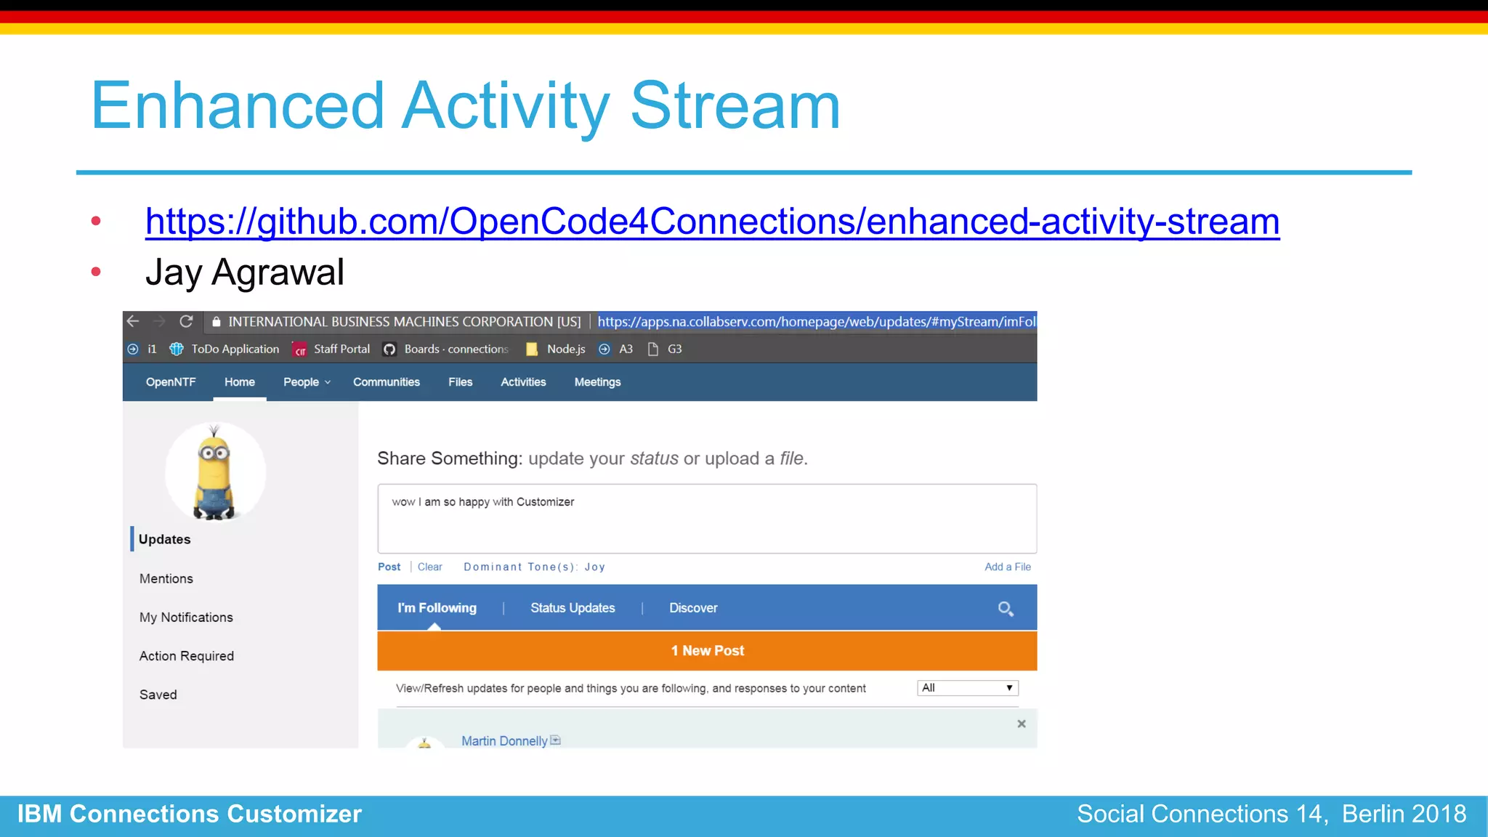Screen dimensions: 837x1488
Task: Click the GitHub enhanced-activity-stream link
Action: [712, 222]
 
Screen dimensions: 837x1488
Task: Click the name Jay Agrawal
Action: [244, 273]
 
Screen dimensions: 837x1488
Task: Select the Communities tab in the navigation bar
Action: [386, 382]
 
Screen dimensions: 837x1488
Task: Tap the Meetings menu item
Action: [597, 382]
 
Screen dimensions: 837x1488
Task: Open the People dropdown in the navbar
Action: [306, 382]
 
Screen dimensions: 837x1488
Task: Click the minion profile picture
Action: [214, 472]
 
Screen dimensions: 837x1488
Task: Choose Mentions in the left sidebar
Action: [166, 579]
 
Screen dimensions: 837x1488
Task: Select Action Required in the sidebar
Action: [186, 656]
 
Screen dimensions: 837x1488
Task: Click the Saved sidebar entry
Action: [158, 695]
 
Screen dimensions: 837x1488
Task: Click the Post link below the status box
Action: [389, 567]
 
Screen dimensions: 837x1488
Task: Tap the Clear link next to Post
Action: [429, 567]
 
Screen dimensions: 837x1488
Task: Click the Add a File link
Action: [1007, 567]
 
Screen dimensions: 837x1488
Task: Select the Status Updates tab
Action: [572, 608]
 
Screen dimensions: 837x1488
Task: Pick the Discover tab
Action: [692, 608]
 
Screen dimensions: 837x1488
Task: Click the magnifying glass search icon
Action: [1006, 609]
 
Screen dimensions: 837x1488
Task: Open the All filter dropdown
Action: [967, 688]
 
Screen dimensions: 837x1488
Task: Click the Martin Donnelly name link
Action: [504, 741]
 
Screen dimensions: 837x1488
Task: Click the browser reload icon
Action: [186, 321]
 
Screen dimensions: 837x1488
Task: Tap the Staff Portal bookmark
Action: [341, 349]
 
